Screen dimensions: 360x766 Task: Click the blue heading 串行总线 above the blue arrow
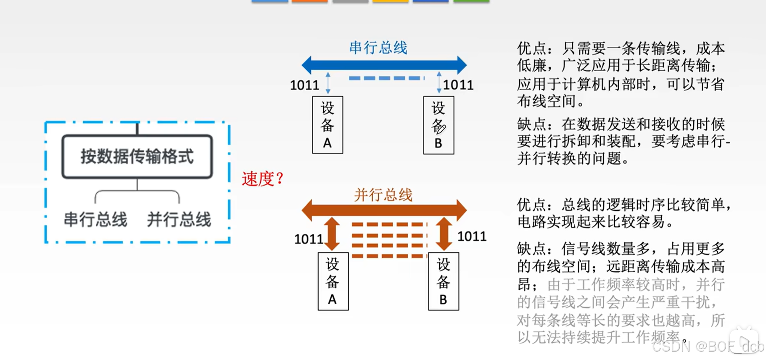point(378,48)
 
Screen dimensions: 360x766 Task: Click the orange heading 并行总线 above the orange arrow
point(383,195)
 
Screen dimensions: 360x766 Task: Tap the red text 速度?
point(263,179)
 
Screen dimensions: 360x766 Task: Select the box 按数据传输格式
point(137,156)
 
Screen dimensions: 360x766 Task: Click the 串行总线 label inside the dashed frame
point(95,220)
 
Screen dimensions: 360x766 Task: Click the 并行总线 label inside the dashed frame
point(179,220)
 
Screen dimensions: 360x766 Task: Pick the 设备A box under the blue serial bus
point(328,125)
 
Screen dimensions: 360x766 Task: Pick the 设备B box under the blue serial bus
point(438,125)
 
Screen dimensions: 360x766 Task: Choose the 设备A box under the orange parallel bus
point(333,281)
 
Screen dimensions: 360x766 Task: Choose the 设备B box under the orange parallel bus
point(444,281)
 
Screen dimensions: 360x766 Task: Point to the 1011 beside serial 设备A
point(304,85)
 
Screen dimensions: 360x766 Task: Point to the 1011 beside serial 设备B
point(458,85)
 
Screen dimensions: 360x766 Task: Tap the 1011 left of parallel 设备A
point(309,239)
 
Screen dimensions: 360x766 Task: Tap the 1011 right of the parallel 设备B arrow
point(472,236)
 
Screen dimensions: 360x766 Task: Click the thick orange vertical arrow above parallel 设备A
point(332,234)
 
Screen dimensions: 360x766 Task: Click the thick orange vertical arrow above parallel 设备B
point(444,234)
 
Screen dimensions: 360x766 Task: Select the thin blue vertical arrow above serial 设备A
point(328,82)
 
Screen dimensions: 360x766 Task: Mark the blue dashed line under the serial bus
point(386,78)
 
